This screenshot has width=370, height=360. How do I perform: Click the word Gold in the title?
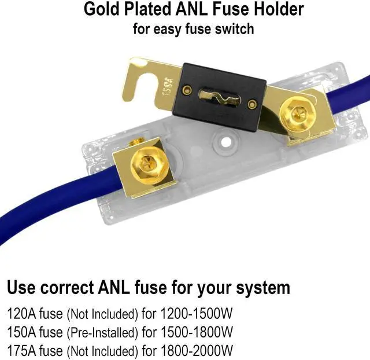pyautogui.click(x=102, y=10)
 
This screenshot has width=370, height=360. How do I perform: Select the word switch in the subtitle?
pyautogui.click(x=234, y=29)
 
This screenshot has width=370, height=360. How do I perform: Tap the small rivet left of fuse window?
pyautogui.click(x=187, y=89)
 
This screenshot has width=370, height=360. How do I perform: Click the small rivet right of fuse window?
pyautogui.click(x=252, y=104)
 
